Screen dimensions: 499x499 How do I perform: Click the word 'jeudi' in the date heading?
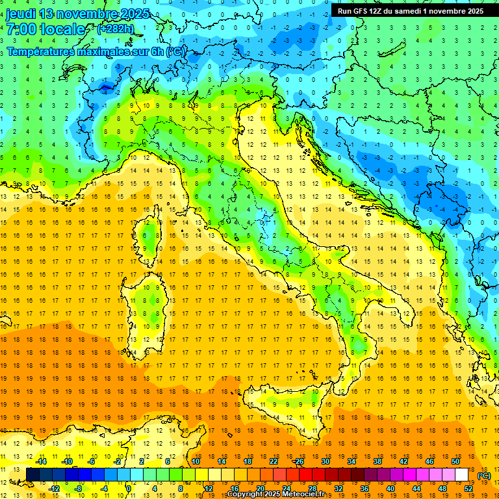point(21,14)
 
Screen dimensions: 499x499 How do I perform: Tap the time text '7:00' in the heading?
point(19,29)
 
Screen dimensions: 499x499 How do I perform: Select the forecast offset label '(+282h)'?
point(116,29)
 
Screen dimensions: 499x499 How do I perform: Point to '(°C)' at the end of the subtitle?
point(175,51)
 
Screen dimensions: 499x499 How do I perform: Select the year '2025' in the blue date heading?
point(134,14)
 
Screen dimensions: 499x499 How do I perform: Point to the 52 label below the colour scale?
point(468,489)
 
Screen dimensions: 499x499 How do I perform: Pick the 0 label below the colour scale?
point(129,489)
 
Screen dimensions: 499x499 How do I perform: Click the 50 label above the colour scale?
point(455,461)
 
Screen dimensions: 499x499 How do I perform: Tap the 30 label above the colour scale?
point(325,461)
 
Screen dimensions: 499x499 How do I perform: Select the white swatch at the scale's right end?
point(461,475)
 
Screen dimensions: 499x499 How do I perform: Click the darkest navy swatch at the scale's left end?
point(32,475)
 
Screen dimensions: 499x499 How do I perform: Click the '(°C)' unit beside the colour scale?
point(483,476)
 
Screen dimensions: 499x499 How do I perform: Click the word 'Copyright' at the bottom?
point(244,494)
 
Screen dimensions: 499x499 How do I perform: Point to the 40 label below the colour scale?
point(390,489)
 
